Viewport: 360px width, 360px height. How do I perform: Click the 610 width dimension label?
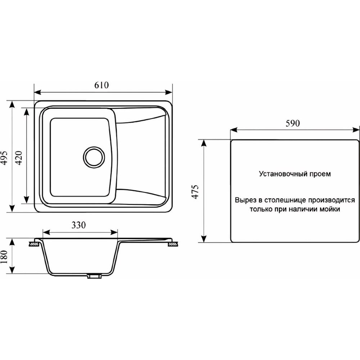tap(101, 85)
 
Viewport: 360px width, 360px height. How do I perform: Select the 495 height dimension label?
tap(5, 158)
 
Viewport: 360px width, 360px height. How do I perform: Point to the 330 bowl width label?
tap(78, 225)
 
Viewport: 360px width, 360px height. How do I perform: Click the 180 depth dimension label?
tap(4, 257)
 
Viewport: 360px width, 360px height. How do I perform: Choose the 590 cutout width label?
tap(293, 123)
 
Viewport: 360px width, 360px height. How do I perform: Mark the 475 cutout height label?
tap(195, 192)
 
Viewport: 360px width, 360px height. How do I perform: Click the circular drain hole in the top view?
tap(94, 157)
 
